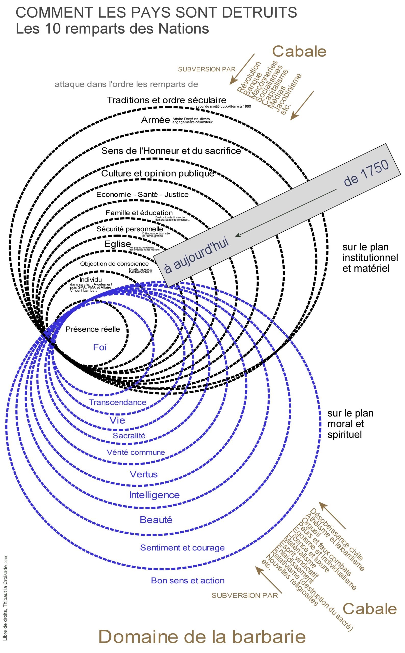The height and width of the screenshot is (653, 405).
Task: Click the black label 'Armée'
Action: (155, 120)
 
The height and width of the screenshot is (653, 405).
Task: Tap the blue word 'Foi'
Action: (100, 347)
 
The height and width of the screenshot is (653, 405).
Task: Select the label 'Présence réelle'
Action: (93, 329)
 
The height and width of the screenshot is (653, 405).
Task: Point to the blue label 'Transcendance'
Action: (118, 402)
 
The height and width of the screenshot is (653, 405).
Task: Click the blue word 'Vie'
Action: (117, 420)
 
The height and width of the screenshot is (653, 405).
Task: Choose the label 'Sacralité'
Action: (129, 435)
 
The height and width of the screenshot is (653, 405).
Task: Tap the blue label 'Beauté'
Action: (156, 520)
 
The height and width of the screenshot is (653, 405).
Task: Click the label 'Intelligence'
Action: (154, 495)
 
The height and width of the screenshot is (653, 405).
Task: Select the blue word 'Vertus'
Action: (144, 474)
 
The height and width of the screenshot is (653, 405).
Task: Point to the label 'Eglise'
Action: (117, 244)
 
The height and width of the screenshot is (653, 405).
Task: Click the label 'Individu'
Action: (91, 280)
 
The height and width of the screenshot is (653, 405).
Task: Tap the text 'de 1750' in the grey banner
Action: (366, 173)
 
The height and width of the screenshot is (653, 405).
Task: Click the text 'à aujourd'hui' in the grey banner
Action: (197, 256)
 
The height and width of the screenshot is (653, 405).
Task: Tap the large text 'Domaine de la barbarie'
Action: (202, 637)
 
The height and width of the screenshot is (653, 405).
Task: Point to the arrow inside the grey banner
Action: (285, 213)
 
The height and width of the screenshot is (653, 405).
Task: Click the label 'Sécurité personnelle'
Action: (130, 229)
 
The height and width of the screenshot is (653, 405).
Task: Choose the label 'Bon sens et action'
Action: (188, 580)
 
